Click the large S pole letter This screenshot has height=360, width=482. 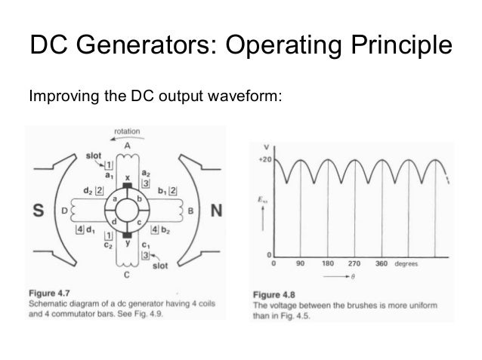coord(37,211)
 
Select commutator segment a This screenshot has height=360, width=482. coord(114,199)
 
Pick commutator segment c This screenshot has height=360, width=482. coord(138,223)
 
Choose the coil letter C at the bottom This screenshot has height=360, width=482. coord(126,276)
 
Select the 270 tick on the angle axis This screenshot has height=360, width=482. coord(354,265)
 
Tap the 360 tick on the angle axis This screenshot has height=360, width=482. coord(382,265)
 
